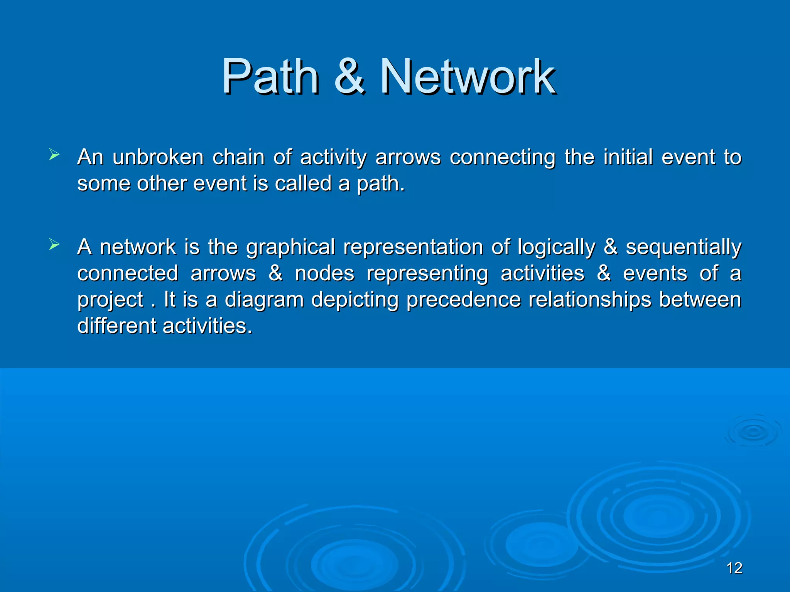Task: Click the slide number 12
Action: pyautogui.click(x=734, y=568)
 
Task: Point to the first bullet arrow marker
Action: pyautogui.click(x=54, y=156)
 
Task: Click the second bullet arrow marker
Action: pyautogui.click(x=54, y=245)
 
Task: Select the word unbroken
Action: pyautogui.click(x=158, y=157)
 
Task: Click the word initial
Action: pyautogui.click(x=628, y=157)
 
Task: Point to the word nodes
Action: pyautogui.click(x=324, y=274)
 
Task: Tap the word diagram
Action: pyautogui.click(x=264, y=300)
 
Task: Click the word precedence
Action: pyautogui.click(x=463, y=300)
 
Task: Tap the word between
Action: pyautogui.click(x=700, y=300)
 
